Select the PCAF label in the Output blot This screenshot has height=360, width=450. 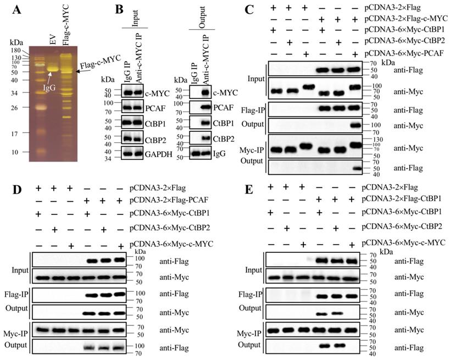(221, 108)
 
